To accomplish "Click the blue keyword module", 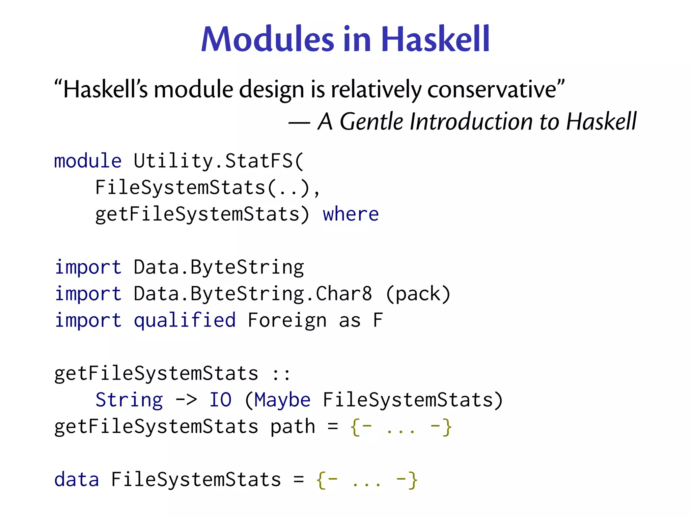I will tap(88, 161).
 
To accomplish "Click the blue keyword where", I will tap(351, 214).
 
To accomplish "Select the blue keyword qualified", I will tap(185, 320).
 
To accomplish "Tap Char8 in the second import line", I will tap(344, 293).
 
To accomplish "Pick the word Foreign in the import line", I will tap(287, 320).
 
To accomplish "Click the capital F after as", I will tap(378, 320).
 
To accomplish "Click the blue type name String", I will tap(129, 400).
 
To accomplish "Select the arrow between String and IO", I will tap(186, 400).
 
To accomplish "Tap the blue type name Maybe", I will tap(282, 400).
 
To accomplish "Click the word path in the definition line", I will tap(293, 427).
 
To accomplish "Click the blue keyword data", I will tap(77, 480).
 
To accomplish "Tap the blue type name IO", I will tap(220, 400).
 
